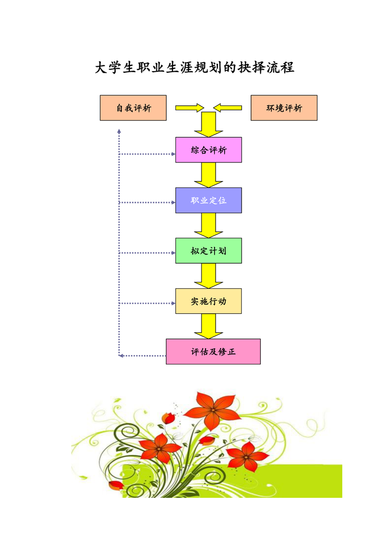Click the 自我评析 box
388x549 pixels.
click(133, 108)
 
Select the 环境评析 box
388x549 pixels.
click(284, 108)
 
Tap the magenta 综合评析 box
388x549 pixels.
click(209, 150)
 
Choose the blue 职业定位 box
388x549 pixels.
click(209, 200)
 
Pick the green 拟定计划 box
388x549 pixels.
click(209, 251)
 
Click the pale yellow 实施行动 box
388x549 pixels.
click(209, 301)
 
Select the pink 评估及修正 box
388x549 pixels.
click(213, 351)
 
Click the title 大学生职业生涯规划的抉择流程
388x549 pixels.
click(195, 67)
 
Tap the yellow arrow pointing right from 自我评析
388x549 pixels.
click(190, 108)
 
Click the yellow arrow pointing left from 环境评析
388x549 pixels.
click(228, 108)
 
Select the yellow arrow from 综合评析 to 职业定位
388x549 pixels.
click(209, 175)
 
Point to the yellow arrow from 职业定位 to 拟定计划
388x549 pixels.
click(209, 226)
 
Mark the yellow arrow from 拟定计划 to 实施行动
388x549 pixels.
click(209, 276)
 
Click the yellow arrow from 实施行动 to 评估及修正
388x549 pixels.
click(209, 326)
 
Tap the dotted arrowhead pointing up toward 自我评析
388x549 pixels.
click(119, 131)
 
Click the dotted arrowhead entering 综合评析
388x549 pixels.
click(173, 154)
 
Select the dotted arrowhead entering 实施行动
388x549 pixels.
click(173, 303)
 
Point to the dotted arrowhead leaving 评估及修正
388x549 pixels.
click(121, 356)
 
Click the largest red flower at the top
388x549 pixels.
click(213, 410)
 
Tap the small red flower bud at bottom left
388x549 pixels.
click(116, 485)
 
